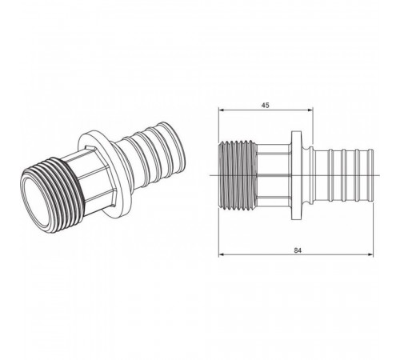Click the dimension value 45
click(265, 106)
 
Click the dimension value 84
click(298, 250)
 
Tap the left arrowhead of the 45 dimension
click(221, 110)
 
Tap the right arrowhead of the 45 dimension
click(310, 110)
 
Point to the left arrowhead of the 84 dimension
click(221, 254)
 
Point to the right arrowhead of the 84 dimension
click(370, 254)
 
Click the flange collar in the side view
click(295, 175)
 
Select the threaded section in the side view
click(238, 175)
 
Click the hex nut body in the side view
click(274, 175)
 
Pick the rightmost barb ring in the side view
click(370, 175)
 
